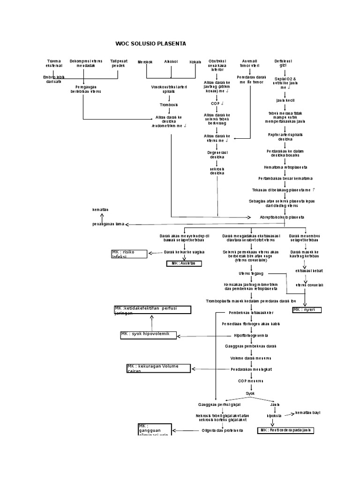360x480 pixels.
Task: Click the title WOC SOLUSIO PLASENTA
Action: tap(150, 44)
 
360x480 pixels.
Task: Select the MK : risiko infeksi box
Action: tap(129, 254)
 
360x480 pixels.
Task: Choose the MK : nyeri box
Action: tap(307, 310)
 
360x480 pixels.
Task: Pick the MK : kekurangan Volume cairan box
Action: tap(158, 368)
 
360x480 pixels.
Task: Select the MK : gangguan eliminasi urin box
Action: tap(155, 429)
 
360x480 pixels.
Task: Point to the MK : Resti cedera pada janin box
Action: tap(285, 430)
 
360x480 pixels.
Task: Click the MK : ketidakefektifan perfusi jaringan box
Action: tap(152, 309)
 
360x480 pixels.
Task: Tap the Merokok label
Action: tap(145, 62)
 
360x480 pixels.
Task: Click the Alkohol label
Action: tap(171, 61)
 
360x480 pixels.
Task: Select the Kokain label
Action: tap(195, 62)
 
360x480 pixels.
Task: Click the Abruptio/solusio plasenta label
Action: tap(282, 217)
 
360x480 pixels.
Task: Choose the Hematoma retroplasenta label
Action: tap(285, 167)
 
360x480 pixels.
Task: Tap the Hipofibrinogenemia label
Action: tap(251, 336)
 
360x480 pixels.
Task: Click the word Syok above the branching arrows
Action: tap(250, 393)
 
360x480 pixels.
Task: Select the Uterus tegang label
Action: tap(251, 273)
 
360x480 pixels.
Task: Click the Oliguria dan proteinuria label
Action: tap(222, 430)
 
